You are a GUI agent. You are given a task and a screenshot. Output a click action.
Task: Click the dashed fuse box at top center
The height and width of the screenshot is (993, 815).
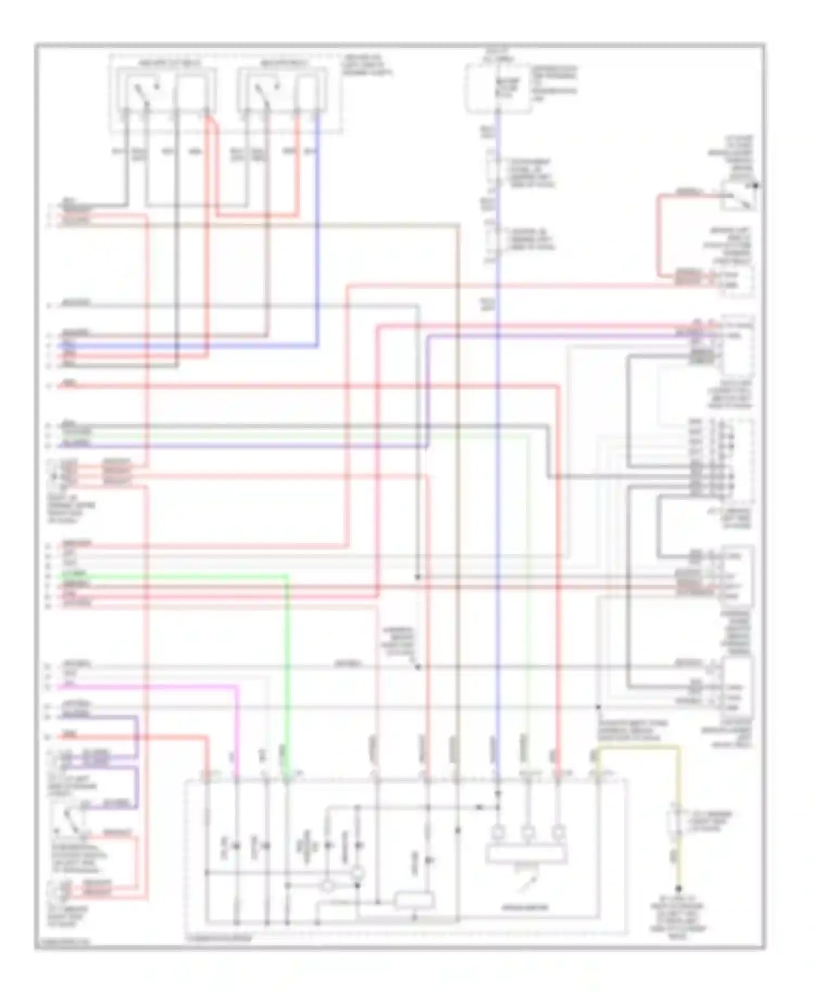point(497,89)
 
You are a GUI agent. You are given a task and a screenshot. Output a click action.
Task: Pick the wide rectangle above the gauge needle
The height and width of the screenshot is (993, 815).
point(526,854)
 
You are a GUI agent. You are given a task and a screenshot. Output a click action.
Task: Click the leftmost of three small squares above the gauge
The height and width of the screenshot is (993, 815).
point(497,832)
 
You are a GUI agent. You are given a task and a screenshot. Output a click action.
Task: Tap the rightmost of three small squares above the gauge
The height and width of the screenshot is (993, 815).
point(558,832)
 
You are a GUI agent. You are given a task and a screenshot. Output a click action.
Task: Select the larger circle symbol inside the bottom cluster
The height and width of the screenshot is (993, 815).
point(358,874)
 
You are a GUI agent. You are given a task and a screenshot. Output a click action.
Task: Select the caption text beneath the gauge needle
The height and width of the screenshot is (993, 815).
point(525,907)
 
